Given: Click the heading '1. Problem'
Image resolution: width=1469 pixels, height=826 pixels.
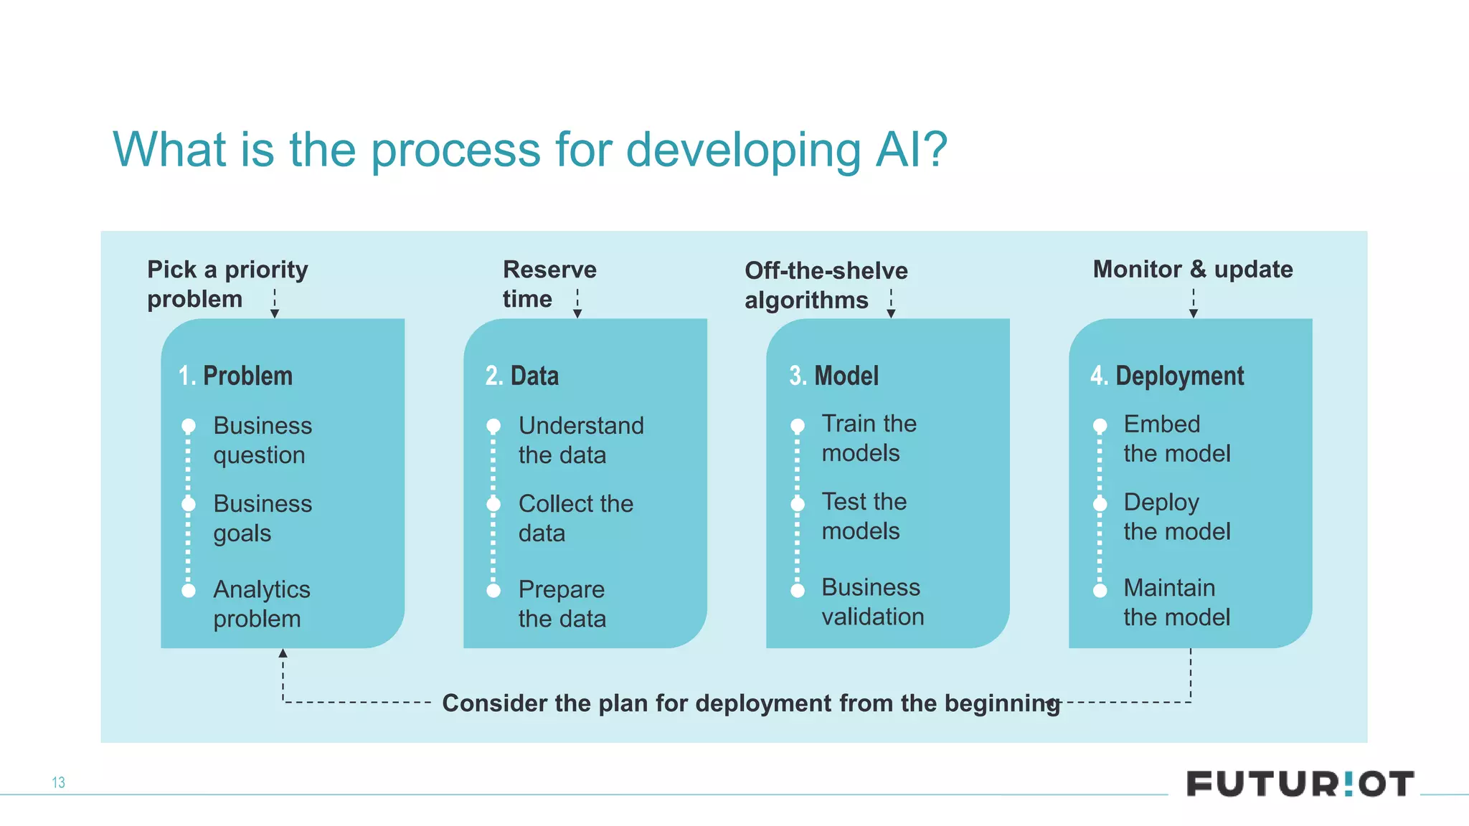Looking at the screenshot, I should point(236,376).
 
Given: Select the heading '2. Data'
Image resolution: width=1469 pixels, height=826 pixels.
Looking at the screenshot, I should point(521,376).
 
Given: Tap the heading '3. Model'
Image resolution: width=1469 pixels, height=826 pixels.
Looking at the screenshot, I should point(833,376).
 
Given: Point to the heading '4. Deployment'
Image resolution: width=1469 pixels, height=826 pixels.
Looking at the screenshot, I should point(1167,376).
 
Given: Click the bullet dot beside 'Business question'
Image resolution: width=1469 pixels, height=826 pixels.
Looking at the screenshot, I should point(189,426).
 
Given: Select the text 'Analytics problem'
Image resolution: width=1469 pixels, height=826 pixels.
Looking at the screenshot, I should point(261,604).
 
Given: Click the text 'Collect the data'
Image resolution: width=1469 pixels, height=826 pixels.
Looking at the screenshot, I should point(575,518).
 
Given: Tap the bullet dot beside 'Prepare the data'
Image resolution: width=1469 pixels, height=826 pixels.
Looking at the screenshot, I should point(493,591).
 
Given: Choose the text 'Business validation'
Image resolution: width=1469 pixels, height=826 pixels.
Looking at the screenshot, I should point(872,602).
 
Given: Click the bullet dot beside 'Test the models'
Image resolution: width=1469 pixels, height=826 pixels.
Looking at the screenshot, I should point(798,504).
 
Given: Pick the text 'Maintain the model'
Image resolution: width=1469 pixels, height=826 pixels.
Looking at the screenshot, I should point(1176,602).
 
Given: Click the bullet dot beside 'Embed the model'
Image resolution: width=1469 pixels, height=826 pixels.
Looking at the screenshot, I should point(1100,426).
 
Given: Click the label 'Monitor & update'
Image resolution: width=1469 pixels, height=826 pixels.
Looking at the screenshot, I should point(1192,269).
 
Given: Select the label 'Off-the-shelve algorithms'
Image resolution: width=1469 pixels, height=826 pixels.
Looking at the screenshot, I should point(826,285).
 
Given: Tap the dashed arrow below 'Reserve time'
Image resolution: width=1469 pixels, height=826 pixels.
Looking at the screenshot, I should point(577,304).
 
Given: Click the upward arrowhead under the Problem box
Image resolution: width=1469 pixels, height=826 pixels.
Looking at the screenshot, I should point(283,653).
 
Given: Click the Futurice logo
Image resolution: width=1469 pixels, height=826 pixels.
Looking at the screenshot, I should point(1300,783).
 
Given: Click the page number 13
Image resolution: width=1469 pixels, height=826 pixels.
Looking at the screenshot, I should point(58,782).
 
